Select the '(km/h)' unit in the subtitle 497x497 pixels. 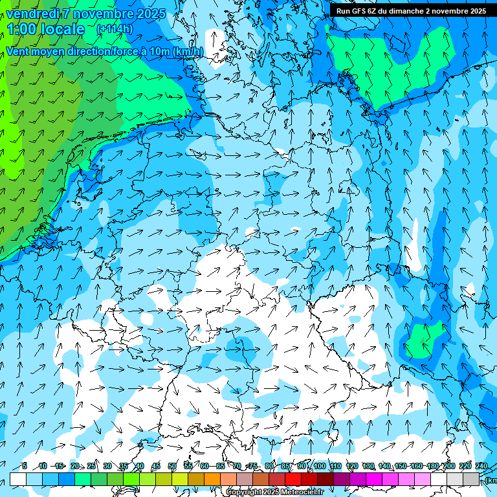coord(188,51)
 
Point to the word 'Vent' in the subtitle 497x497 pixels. coord(19,51)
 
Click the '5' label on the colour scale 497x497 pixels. coord(24,466)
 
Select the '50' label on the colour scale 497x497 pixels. coord(172,466)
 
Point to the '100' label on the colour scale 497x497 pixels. coord(320,466)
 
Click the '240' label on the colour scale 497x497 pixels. coord(481,466)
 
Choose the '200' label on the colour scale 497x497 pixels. coord(448,466)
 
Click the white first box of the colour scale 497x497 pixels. coord(18,479)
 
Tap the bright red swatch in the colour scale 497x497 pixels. coord(293,479)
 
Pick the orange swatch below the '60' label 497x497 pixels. coord(212,479)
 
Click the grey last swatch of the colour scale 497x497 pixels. coord(471,479)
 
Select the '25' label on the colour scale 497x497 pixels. coord(91,466)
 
